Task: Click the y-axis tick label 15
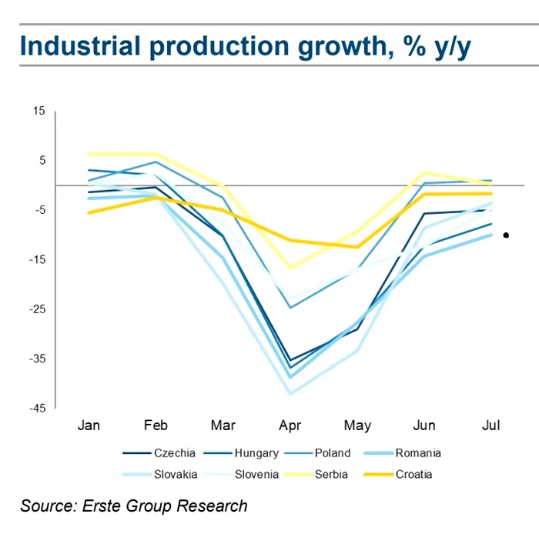coord(38,112)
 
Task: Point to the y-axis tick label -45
coord(37,408)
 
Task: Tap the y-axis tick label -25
coord(37,309)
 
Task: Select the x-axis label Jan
coord(90,426)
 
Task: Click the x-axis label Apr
coord(290,426)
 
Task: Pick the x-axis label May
coord(357,426)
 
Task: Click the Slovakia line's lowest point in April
coord(290,393)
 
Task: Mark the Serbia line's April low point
coord(290,267)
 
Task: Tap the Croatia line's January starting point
coord(90,212)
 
